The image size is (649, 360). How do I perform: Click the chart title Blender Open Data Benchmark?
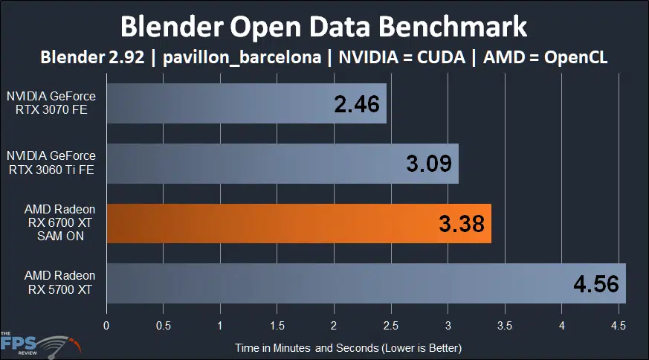coord(324,27)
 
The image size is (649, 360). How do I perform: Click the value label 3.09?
coord(429,164)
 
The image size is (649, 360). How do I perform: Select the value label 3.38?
coord(461,223)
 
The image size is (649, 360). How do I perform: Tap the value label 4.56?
coord(595,283)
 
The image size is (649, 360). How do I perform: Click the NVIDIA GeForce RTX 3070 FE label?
coord(51,105)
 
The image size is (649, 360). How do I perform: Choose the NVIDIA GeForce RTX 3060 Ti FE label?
coord(51,164)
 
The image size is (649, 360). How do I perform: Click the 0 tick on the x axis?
coord(107,324)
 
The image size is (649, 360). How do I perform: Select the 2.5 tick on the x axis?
coord(391,324)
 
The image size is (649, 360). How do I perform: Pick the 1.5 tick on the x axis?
coord(277,324)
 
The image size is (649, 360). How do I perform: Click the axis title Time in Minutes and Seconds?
coord(349,347)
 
